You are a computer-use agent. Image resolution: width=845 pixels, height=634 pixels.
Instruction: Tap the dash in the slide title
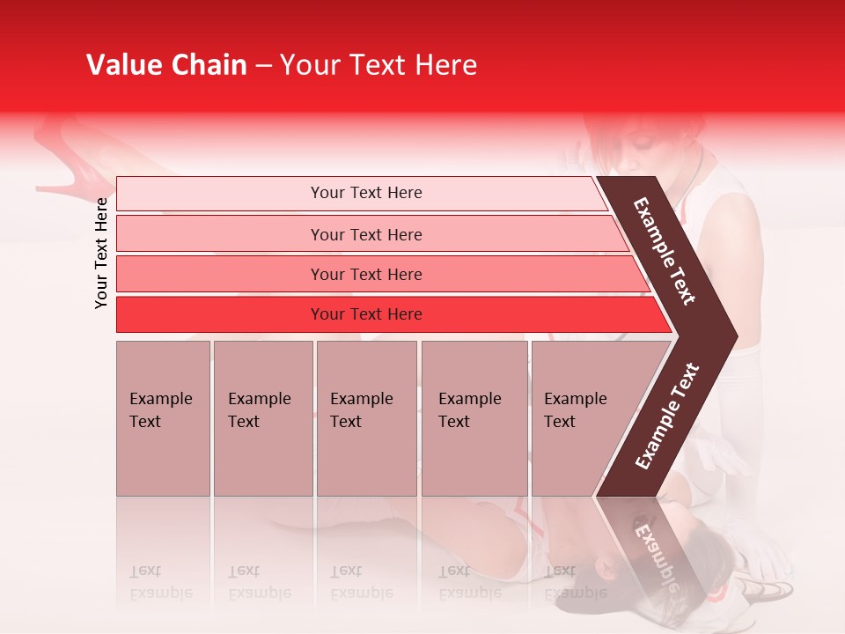tap(263, 66)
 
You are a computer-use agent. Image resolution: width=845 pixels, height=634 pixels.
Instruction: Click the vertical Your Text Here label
tap(101, 253)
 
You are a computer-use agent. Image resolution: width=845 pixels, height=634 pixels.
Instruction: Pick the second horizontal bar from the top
tap(365, 234)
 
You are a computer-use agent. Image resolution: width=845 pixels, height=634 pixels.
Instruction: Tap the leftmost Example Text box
tap(163, 418)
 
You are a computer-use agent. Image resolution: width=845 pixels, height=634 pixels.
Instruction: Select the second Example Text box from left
tap(262, 418)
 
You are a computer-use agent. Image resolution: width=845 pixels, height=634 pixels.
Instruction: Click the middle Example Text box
tap(366, 418)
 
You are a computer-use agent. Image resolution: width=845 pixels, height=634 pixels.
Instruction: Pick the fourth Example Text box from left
tap(474, 418)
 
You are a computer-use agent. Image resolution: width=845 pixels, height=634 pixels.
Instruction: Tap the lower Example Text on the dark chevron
tap(667, 416)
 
